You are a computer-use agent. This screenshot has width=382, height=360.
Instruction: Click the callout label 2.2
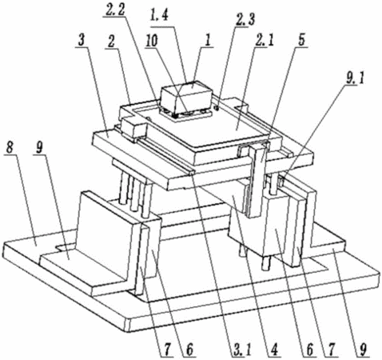(x=116, y=10)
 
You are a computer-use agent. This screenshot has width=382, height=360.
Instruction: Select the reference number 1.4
(x=159, y=19)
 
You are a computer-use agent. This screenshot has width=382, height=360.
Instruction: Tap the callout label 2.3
(x=245, y=20)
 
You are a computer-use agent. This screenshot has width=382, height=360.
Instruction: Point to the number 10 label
(x=151, y=41)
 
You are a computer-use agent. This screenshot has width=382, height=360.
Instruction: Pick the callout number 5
(x=301, y=40)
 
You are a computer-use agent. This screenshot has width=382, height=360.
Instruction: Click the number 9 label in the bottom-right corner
(x=363, y=349)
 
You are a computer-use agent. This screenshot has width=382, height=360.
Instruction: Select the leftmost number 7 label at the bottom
(x=166, y=350)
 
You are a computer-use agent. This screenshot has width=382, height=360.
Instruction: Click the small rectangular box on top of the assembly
(x=186, y=97)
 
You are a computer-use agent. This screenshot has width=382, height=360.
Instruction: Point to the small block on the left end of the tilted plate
(x=133, y=129)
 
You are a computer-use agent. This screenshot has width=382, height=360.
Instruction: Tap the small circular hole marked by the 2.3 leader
(x=217, y=108)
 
